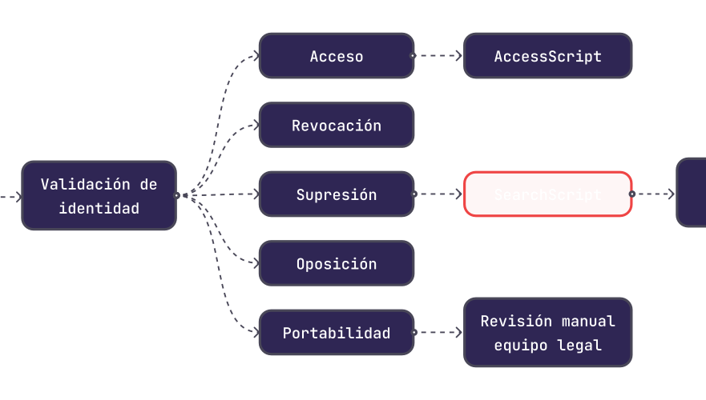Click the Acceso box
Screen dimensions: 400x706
pos(337,56)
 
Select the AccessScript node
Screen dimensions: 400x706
pos(548,56)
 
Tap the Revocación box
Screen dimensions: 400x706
pos(337,126)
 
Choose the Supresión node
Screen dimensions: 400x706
pos(337,194)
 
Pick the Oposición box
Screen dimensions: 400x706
pos(337,264)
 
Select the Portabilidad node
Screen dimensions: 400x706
pos(337,333)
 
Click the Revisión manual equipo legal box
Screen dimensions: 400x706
pos(548,333)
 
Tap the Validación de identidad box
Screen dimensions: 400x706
pos(99,195)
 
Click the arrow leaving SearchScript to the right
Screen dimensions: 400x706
pos(654,194)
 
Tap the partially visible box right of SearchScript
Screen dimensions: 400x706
pos(692,193)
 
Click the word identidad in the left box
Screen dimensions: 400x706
pos(99,209)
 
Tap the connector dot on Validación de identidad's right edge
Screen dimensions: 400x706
pos(177,194)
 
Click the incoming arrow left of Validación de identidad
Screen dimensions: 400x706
pos(10,195)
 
